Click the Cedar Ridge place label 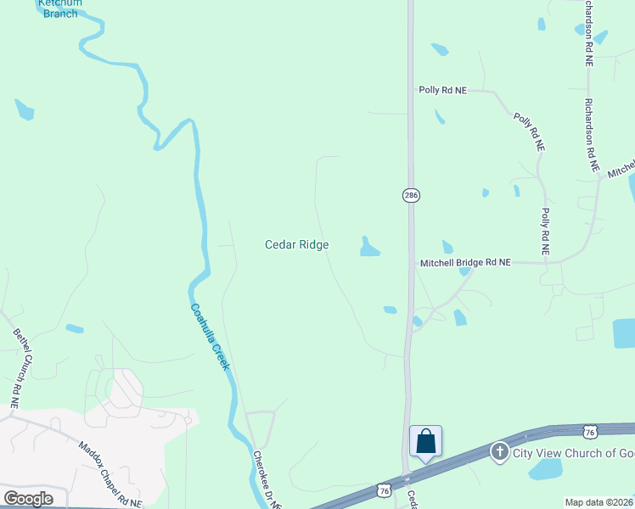tap(296, 244)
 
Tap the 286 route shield tap(411, 195)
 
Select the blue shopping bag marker tap(425, 441)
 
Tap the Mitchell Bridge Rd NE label tap(465, 263)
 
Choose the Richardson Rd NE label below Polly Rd tap(591, 136)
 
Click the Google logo tap(28, 499)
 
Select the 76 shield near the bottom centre tap(385, 490)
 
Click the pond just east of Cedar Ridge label tap(369, 247)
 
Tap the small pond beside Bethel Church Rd tap(75, 328)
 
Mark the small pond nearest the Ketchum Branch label tap(24, 109)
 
